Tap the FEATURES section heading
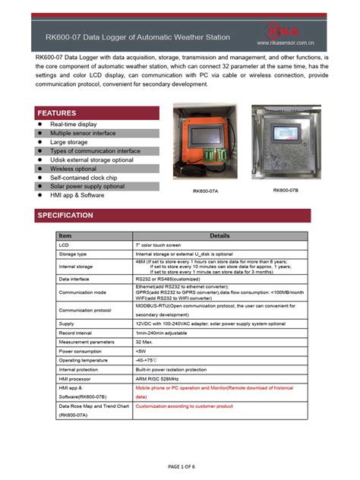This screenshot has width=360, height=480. point(57,112)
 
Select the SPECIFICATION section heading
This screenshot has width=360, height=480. point(65,215)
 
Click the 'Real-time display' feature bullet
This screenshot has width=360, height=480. point(73,124)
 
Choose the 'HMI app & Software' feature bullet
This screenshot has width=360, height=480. point(77,195)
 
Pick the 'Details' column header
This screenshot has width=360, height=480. point(219,236)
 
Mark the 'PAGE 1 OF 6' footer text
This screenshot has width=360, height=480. point(179,465)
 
